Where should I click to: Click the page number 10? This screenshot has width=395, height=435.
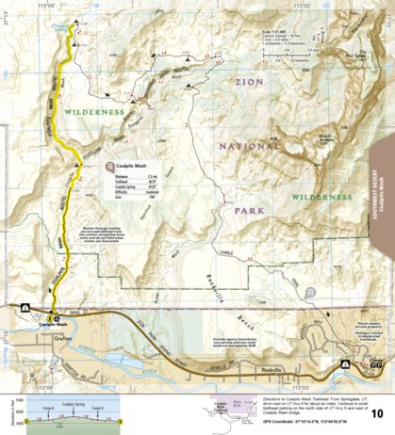(377, 412)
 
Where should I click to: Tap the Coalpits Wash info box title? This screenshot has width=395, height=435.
(131, 166)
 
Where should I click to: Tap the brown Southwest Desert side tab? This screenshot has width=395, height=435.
(384, 198)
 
